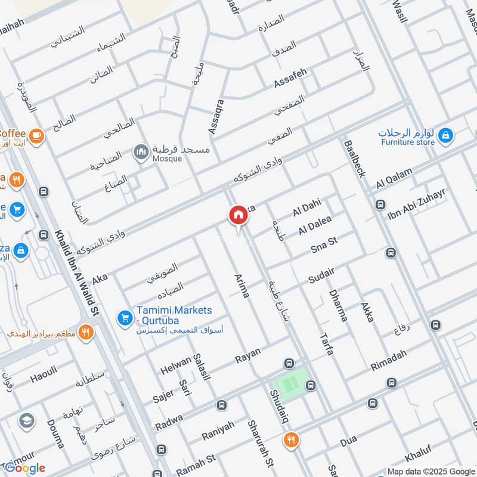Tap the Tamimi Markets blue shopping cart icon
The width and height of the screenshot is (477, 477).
coord(125,318)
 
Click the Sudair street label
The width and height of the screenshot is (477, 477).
coord(321,275)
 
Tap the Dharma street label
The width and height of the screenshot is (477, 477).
coord(337,305)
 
